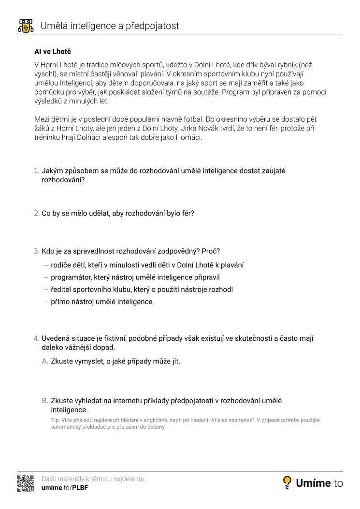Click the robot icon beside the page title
[x=25, y=26]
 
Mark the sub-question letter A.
[x=45, y=361]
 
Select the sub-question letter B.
[x=45, y=401]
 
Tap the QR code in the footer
[x=26, y=483]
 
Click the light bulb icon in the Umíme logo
[x=287, y=481]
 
